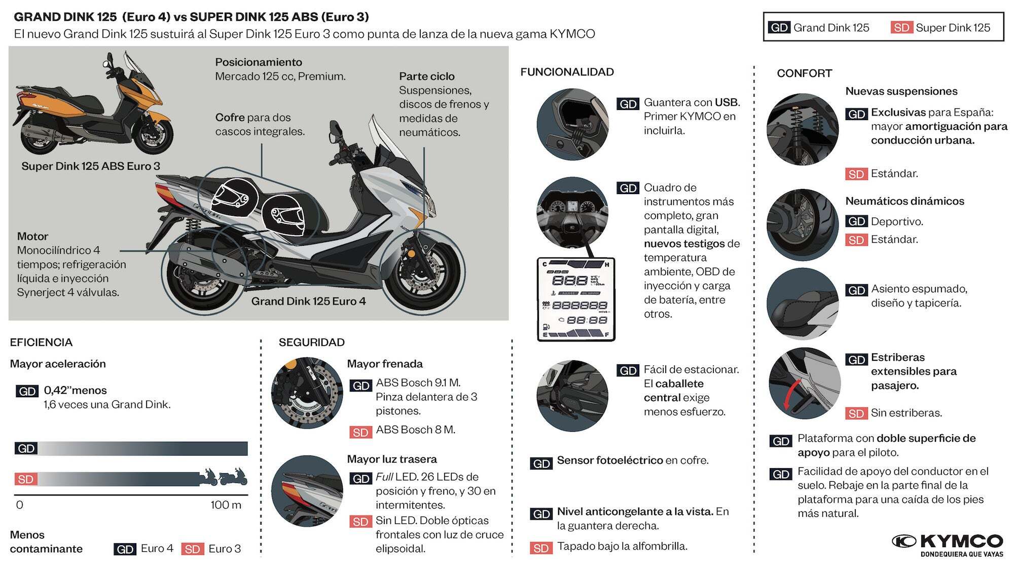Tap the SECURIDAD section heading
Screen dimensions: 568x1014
pyautogui.click(x=311, y=343)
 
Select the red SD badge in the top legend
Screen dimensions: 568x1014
pyautogui.click(x=901, y=27)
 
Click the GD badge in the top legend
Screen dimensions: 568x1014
pyautogui.click(x=779, y=27)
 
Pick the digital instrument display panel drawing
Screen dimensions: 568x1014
pyautogui.click(x=576, y=299)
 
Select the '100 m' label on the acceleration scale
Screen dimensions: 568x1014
pyautogui.click(x=226, y=505)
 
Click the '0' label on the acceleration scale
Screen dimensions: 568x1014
pyautogui.click(x=19, y=505)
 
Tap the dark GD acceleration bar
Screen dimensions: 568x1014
pyautogui.click(x=142, y=448)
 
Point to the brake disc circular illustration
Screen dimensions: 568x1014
pyautogui.click(x=307, y=393)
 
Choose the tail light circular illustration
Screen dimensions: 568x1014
pyautogui.click(x=307, y=490)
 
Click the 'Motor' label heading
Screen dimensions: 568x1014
pyautogui.click(x=32, y=236)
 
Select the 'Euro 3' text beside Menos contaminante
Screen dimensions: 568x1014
pyautogui.click(x=225, y=549)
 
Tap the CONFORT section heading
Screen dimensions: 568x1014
pyautogui.click(x=804, y=73)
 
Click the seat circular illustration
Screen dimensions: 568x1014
pyautogui.click(x=803, y=304)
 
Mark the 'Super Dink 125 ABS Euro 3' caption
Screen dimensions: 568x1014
pyautogui.click(x=90, y=166)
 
